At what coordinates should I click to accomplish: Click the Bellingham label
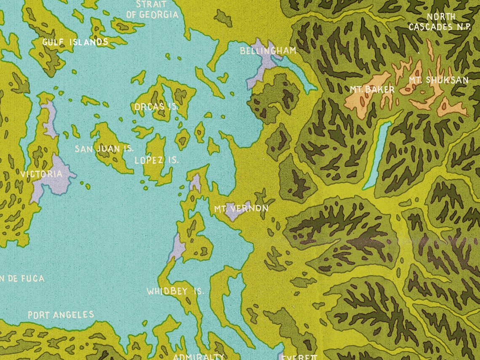[268, 51]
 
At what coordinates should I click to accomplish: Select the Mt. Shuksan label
[438, 80]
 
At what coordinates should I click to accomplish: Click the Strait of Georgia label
[152, 10]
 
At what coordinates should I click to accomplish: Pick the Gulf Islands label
[75, 42]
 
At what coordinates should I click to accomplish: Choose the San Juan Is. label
[104, 149]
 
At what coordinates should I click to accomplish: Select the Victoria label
[41, 173]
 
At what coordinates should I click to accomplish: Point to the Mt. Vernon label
[241, 208]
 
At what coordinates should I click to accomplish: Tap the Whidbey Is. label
[175, 291]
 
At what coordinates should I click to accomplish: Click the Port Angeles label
[61, 315]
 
